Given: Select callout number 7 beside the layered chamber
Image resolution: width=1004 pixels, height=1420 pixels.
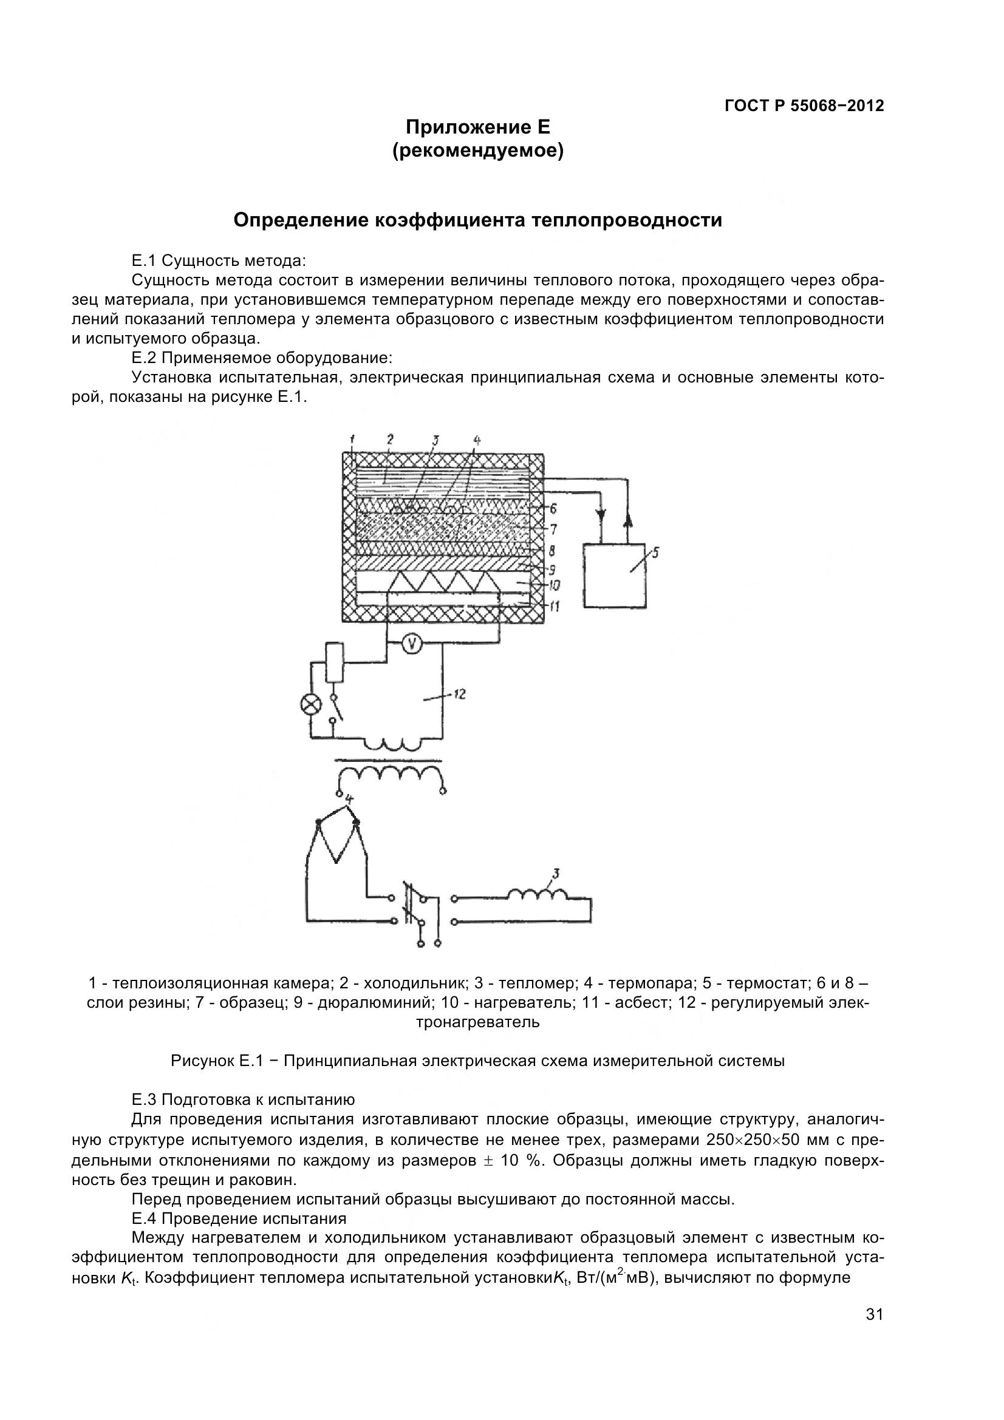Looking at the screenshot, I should click(554, 529).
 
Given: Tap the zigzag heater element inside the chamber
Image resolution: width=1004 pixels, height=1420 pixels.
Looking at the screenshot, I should click(442, 583).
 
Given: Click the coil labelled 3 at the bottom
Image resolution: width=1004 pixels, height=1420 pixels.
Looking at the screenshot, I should click(537, 895).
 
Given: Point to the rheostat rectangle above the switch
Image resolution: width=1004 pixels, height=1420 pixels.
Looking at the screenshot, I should click(334, 662).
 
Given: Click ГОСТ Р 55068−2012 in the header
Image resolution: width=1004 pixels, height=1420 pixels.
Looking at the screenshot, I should click(804, 106).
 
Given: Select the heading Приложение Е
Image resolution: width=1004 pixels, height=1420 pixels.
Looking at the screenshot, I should click(477, 127).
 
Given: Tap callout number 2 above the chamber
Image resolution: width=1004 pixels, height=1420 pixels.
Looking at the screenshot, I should click(391, 440).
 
